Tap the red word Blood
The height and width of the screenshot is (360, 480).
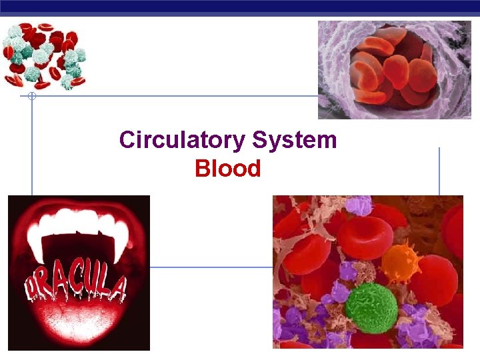coord(227,169)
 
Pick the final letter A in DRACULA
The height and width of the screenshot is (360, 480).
coord(117,288)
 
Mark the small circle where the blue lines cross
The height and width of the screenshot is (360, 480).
coord(31,97)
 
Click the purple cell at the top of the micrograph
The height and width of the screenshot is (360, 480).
coord(361,205)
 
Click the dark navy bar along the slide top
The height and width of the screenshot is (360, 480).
coord(240,7)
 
